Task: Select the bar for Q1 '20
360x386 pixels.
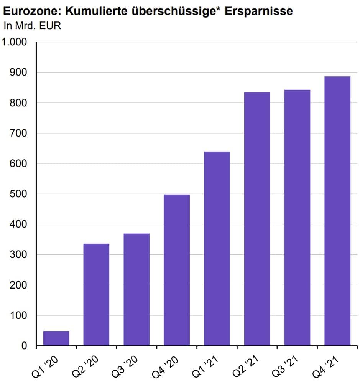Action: pyautogui.click(x=56, y=338)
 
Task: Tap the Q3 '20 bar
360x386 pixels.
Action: pyautogui.click(x=136, y=290)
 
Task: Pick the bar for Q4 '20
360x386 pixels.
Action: pyautogui.click(x=177, y=270)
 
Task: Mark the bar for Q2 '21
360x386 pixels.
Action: pyautogui.click(x=257, y=219)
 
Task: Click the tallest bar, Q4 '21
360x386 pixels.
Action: pyautogui.click(x=337, y=211)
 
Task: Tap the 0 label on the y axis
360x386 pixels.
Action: pyautogui.click(x=24, y=346)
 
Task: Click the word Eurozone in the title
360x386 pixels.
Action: pyautogui.click(x=31, y=11)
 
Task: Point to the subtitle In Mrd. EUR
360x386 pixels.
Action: pyautogui.click(x=32, y=26)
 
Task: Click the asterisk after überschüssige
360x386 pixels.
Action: pyautogui.click(x=221, y=9)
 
